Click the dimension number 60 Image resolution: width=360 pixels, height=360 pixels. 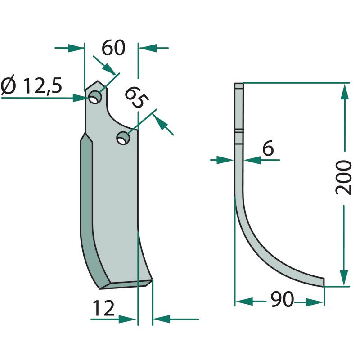pyautogui.click(x=113, y=48)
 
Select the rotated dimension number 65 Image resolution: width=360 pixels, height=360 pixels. pyautogui.click(x=136, y=97)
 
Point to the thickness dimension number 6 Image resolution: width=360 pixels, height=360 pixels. pyautogui.click(x=268, y=148)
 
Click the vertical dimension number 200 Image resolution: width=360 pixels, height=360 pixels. pyautogui.click(x=344, y=178)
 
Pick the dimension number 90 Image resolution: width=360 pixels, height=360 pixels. pyautogui.click(x=282, y=299)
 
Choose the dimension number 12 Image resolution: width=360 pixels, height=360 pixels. pyautogui.click(x=103, y=308)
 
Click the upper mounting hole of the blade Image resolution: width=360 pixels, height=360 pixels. pyautogui.click(x=95, y=97)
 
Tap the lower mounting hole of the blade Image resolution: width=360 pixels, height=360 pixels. pyautogui.click(x=123, y=138)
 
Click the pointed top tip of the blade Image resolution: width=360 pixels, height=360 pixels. pyautogui.click(x=98, y=81)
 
